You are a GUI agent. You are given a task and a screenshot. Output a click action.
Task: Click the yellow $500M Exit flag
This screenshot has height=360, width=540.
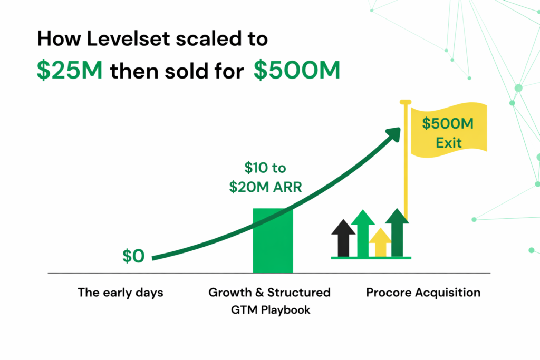pyautogui.click(x=448, y=132)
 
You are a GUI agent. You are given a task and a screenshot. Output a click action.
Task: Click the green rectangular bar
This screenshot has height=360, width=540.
pyautogui.click(x=273, y=240)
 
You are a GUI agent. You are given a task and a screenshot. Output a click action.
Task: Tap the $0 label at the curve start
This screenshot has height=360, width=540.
pyautogui.click(x=133, y=256)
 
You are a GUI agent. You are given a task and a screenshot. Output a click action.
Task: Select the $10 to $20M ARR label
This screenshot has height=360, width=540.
pyautogui.click(x=265, y=178)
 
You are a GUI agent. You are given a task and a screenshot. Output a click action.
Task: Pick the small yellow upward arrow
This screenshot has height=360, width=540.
pyautogui.click(x=380, y=242)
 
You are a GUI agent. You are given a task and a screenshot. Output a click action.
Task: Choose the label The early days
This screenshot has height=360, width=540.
pyautogui.click(x=121, y=293)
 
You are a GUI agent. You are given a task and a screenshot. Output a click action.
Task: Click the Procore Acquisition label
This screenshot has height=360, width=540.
pyautogui.click(x=423, y=293)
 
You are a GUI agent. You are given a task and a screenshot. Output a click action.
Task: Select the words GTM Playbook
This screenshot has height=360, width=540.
pyautogui.click(x=271, y=310)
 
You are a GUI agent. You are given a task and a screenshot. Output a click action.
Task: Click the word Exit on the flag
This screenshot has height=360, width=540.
pyautogui.click(x=449, y=142)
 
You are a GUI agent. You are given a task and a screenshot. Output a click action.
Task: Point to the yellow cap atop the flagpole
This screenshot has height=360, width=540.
pyautogui.click(x=405, y=101)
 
